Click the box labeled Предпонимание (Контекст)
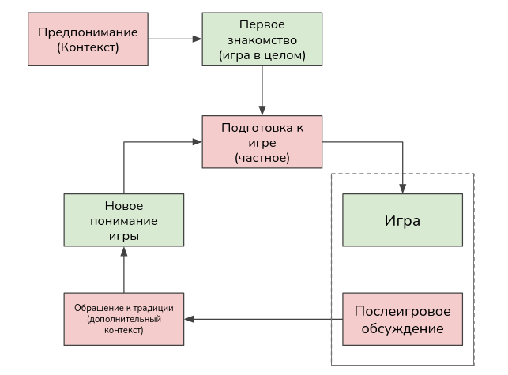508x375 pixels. [87, 39]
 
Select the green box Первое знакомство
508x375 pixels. [262, 39]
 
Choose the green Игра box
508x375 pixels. [402, 219]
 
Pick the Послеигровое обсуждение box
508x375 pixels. [402, 319]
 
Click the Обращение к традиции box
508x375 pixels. [123, 319]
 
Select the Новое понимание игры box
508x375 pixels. [123, 220]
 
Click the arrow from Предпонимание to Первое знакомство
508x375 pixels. [174, 39]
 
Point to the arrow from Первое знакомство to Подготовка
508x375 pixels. [262, 91]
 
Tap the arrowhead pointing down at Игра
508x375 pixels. [403, 188]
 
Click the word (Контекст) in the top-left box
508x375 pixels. [87, 48]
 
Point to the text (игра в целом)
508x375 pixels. [262, 56]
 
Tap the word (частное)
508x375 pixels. [262, 158]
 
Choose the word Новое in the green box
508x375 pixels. [123, 205]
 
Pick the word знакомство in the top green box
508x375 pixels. [262, 39]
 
